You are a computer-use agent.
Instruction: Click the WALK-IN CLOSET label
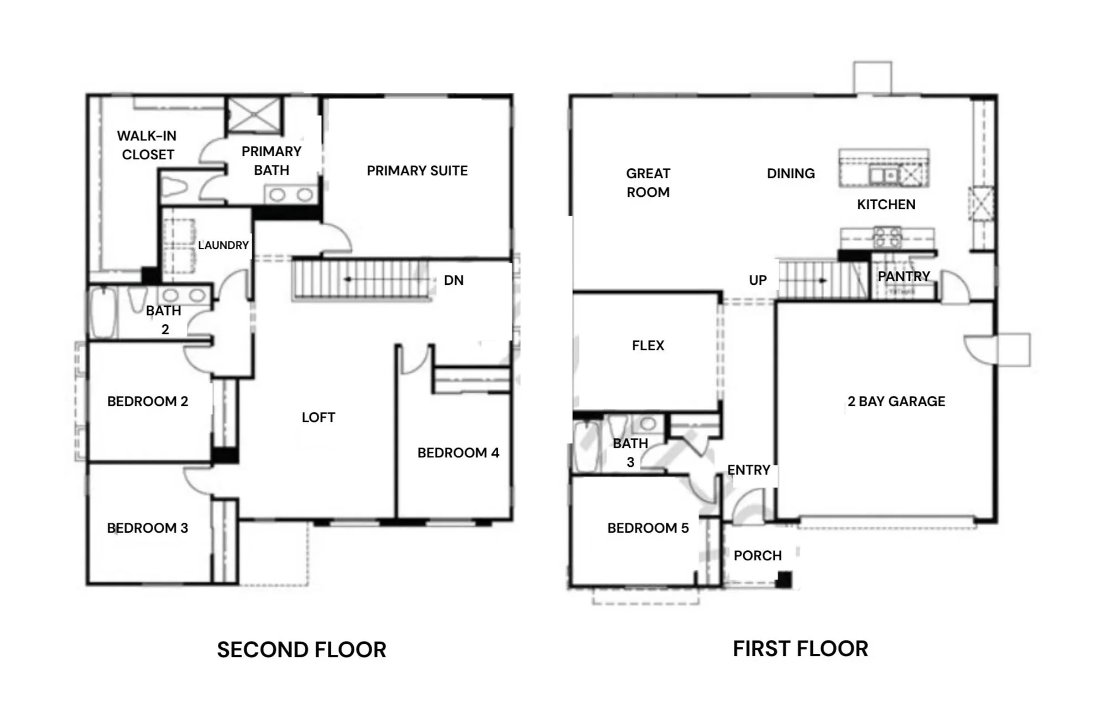tap(147, 145)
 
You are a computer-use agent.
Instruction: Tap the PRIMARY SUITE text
tap(417, 171)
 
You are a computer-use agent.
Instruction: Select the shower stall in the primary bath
tap(254, 115)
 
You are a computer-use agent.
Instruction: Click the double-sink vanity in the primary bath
tap(291, 195)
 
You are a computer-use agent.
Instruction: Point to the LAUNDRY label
tap(223, 245)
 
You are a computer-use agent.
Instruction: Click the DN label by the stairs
tap(453, 280)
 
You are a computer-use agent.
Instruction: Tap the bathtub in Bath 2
tap(103, 313)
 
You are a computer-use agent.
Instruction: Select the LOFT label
tap(318, 418)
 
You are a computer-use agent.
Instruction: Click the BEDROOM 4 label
tap(458, 453)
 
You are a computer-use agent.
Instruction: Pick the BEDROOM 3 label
tap(147, 528)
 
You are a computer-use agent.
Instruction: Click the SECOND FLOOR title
tap(301, 650)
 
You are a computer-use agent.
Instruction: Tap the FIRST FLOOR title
tap(800, 649)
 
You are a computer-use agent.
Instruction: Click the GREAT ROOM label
tap(648, 183)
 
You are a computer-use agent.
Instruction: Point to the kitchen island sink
tap(883, 175)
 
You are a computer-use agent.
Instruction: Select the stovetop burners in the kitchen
tap(887, 237)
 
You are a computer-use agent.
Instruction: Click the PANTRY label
tap(904, 276)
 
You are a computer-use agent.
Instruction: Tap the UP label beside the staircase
tap(758, 280)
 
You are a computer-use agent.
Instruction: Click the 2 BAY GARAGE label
tap(896, 402)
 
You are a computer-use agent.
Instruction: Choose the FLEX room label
tap(648, 346)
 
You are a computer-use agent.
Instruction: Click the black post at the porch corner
tap(784, 580)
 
